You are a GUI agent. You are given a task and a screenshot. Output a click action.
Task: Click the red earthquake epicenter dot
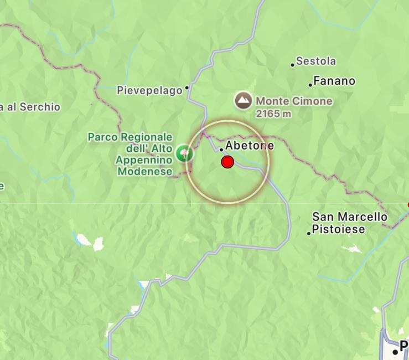coord(227,162)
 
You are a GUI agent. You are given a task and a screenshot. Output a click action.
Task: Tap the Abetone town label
coord(250,146)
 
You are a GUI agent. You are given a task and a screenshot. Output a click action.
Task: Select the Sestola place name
coord(316,61)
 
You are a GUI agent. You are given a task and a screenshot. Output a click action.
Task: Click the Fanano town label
coord(334,81)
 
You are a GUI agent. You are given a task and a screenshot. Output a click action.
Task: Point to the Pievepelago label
coord(149,90)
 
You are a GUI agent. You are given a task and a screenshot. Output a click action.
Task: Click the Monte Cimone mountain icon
coord(242,101)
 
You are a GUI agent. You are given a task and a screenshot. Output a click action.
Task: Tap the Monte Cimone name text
coord(294,101)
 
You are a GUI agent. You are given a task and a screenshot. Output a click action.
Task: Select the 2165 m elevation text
coord(273,114)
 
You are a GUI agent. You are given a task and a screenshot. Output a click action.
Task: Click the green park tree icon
coord(184,153)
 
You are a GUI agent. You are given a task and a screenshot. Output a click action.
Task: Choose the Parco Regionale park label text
coord(130,137)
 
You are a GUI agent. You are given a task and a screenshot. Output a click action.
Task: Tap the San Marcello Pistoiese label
coord(349,223)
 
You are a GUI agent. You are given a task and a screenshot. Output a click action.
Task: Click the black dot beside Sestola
coord(293,65)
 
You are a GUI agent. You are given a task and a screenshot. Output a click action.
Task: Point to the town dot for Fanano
coord(310,85)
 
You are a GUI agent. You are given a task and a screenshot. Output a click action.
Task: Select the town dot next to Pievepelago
coord(187,88)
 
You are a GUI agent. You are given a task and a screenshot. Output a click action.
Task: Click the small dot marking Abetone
coord(221,150)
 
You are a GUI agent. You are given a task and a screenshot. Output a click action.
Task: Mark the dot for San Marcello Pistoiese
coord(309,233)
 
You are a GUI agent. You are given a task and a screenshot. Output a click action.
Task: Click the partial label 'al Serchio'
coord(30,107)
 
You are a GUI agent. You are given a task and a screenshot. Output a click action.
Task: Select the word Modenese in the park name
coord(144,172)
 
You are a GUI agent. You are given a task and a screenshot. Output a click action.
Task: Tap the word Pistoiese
coord(338,229)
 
